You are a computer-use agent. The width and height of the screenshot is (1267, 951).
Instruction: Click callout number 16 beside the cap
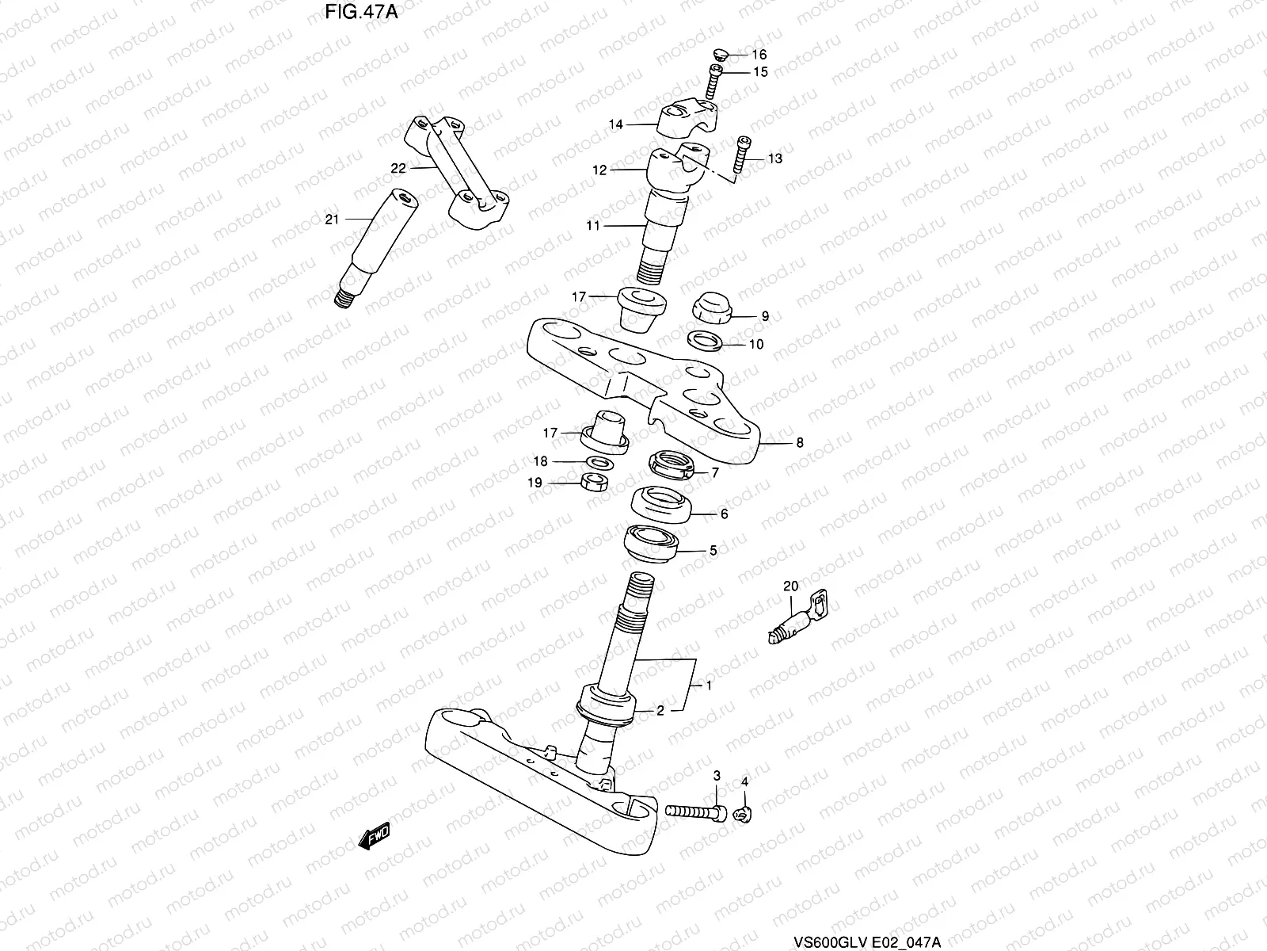pyautogui.click(x=759, y=55)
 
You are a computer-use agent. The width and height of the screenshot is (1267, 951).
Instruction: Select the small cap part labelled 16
pyautogui.click(x=720, y=54)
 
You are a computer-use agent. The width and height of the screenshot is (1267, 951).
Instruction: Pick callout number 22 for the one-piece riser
pyautogui.click(x=398, y=168)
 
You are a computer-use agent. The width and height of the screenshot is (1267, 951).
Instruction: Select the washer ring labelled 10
pyautogui.click(x=705, y=342)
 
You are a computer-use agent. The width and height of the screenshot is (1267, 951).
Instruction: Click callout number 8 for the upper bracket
pyautogui.click(x=799, y=443)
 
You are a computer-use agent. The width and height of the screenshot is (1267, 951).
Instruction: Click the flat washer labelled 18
pyautogui.click(x=599, y=461)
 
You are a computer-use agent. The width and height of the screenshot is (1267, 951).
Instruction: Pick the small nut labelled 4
pyautogui.click(x=742, y=812)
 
